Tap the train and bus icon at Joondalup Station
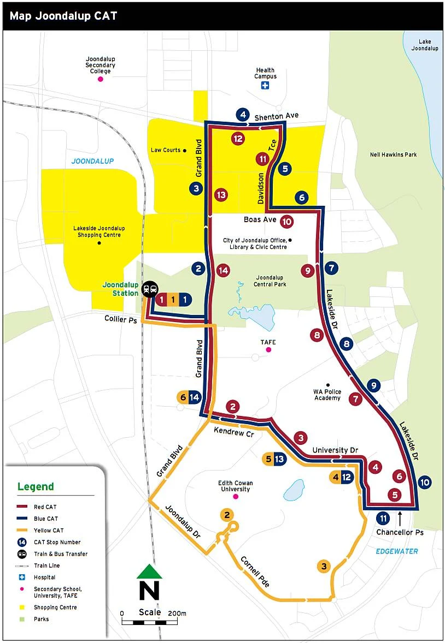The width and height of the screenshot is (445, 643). tap(149, 290)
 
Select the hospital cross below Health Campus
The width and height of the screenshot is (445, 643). tap(265, 86)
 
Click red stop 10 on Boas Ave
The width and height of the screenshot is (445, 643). tap(286, 222)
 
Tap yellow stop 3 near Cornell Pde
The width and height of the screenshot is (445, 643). tap(324, 566)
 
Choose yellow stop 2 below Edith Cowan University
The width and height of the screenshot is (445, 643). tap(227, 514)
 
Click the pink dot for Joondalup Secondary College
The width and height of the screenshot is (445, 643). tap(100, 79)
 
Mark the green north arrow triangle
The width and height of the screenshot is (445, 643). tap(149, 571)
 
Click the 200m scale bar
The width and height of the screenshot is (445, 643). tap(154, 622)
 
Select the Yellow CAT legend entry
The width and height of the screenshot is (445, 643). tap(49, 531)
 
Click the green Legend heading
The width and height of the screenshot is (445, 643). tap(36, 487)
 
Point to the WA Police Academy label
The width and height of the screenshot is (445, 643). tap(327, 395)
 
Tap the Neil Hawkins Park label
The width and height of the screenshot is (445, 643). tap(393, 154)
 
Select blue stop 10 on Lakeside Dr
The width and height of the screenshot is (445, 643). tap(425, 483)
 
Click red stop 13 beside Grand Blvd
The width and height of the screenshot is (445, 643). tap(221, 194)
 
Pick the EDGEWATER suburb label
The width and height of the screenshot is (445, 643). tap(396, 551)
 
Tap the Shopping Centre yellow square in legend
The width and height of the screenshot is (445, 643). tap(22, 608)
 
